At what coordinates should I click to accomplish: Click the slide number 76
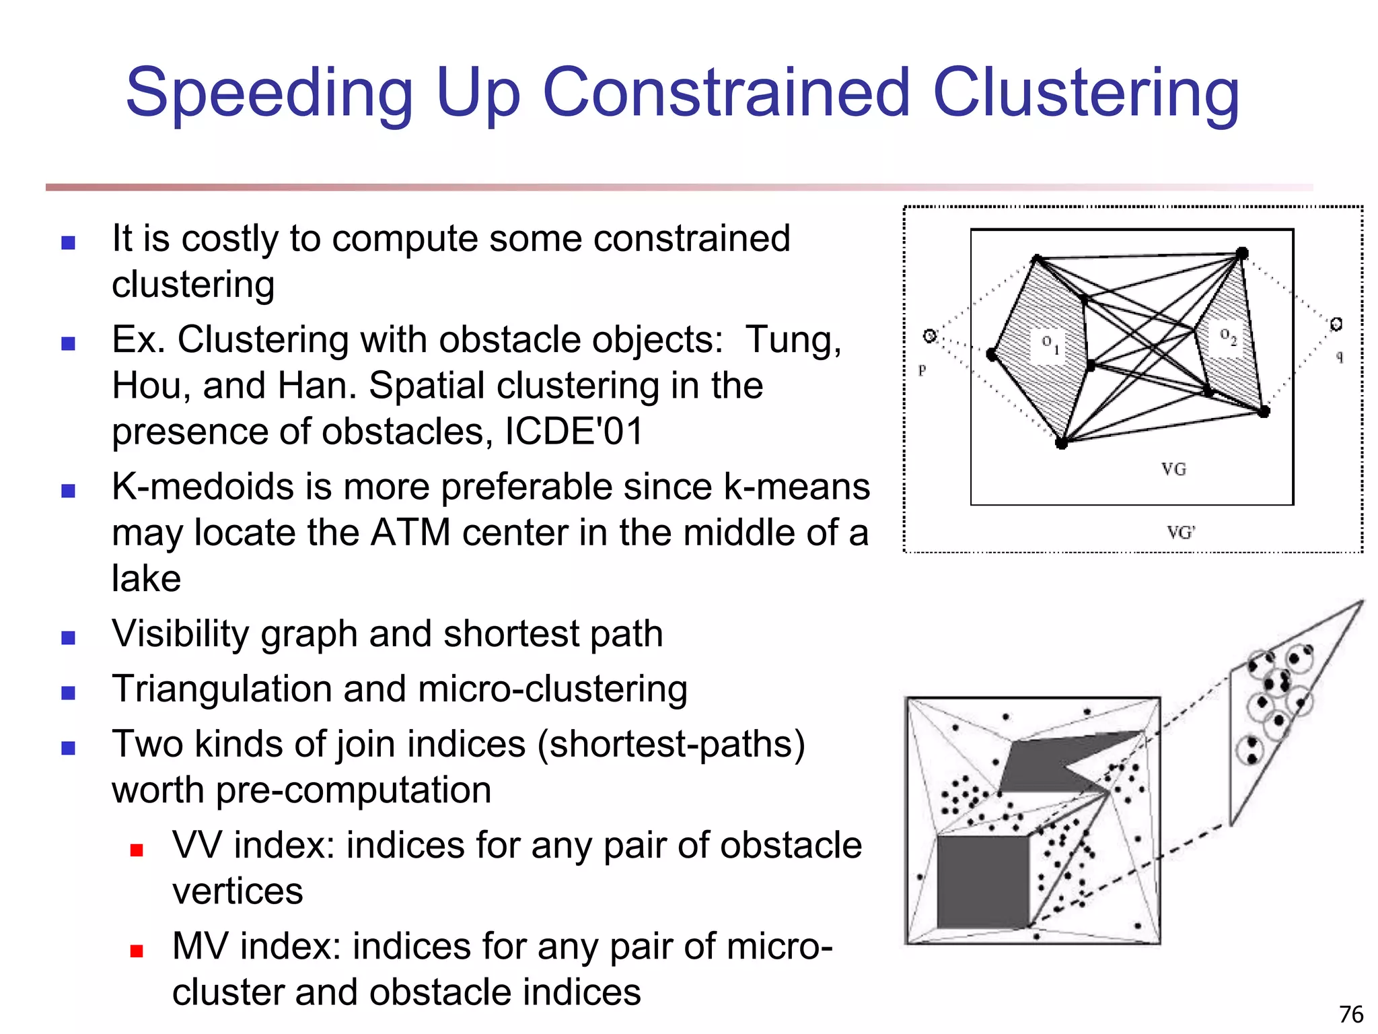pyautogui.click(x=1351, y=1014)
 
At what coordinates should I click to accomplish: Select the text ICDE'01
pyautogui.click(x=574, y=431)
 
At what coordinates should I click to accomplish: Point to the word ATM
pyautogui.click(x=410, y=532)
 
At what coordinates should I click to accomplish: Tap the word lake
pyautogui.click(x=146, y=578)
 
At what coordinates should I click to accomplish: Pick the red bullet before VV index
pyautogui.click(x=137, y=850)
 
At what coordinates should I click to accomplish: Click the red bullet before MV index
pyautogui.click(x=137, y=951)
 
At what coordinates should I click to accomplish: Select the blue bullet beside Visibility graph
pyautogui.click(x=68, y=637)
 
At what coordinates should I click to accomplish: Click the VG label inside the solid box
pyautogui.click(x=1173, y=469)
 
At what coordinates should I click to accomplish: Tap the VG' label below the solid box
pyautogui.click(x=1181, y=532)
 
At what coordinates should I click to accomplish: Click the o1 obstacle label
pyautogui.click(x=1050, y=344)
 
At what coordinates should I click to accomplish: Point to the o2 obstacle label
pyautogui.click(x=1228, y=336)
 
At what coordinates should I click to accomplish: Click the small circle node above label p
pyautogui.click(x=930, y=335)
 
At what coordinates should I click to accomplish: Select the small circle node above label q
pyautogui.click(x=1336, y=324)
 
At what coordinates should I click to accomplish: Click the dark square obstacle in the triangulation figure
pyautogui.click(x=982, y=882)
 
